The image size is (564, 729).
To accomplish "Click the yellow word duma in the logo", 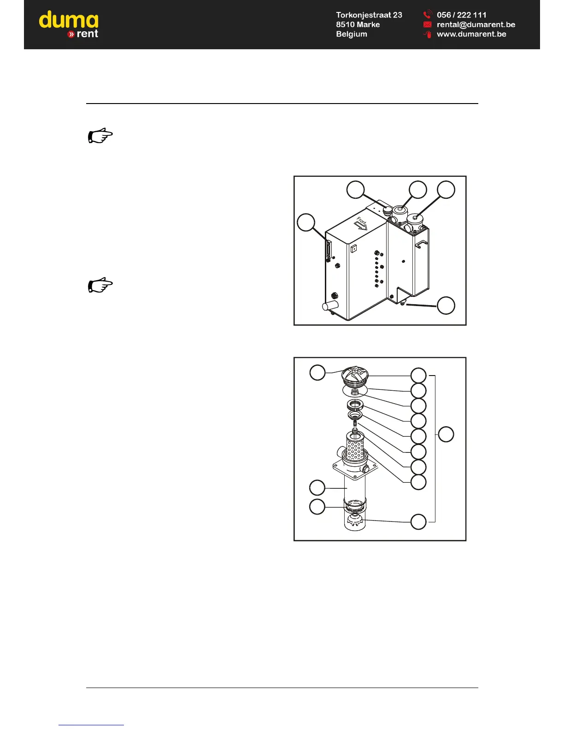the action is [x=69, y=20].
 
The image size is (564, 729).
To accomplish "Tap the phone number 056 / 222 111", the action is [x=461, y=15].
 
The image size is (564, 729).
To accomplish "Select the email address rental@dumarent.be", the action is [x=476, y=24].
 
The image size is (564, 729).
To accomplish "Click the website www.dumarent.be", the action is [x=471, y=34].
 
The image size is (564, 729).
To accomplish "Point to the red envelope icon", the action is [x=427, y=24].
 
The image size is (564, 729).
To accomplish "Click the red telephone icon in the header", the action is [x=427, y=15].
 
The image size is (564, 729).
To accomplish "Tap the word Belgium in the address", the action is [x=352, y=34].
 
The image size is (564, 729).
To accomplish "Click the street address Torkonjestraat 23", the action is [x=369, y=15].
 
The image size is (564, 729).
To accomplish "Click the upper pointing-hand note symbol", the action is [x=100, y=136].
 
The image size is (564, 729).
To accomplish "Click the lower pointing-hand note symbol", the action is [x=100, y=285].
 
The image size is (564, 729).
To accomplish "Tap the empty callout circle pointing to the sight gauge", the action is [x=305, y=223].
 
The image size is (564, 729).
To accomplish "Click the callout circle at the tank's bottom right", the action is [x=446, y=306].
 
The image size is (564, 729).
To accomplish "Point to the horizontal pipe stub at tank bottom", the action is [x=330, y=305].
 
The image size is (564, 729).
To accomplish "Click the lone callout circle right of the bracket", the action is [x=446, y=434].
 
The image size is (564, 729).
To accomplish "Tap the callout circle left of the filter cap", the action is [x=317, y=372].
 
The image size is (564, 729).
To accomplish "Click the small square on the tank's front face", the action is [x=353, y=249].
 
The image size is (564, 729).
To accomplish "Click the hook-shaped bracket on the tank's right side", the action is [x=422, y=244].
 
